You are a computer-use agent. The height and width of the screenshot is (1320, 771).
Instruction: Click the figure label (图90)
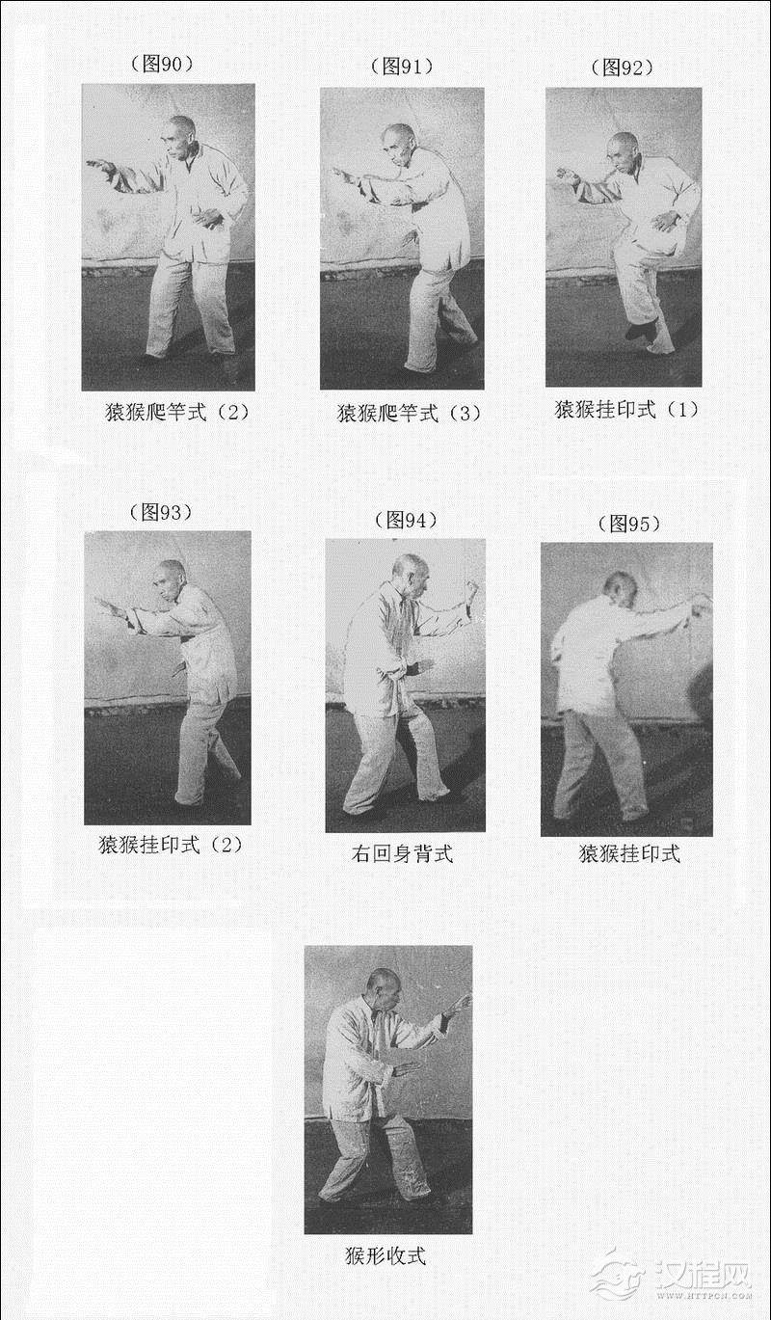(x=161, y=65)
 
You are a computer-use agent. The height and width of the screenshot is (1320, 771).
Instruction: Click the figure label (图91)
(x=402, y=67)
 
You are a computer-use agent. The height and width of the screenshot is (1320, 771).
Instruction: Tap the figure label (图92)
(x=622, y=67)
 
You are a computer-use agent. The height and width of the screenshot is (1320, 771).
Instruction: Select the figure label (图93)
(x=161, y=512)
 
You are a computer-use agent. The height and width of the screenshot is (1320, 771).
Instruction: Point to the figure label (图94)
(x=406, y=521)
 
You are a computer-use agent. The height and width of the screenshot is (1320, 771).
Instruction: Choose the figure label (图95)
(x=629, y=524)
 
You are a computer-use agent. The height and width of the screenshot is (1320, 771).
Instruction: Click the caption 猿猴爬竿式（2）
(x=177, y=412)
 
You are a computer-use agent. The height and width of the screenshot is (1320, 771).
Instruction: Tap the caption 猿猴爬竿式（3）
(x=410, y=413)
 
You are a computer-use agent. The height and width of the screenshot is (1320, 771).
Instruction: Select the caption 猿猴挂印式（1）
(x=626, y=409)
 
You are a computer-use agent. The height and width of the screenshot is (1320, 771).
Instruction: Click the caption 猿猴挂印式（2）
(x=171, y=845)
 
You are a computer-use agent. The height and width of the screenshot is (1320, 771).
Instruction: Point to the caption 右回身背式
(x=402, y=853)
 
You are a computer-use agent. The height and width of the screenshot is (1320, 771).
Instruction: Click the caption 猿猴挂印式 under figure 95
(x=629, y=853)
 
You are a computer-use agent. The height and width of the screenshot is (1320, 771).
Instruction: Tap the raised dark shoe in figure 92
(x=640, y=330)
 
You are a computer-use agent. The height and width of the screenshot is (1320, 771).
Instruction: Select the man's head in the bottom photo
(x=383, y=988)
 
